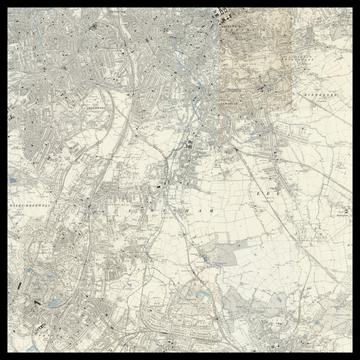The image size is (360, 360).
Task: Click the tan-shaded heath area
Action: [x=250, y=45]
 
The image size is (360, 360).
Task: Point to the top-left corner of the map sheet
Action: [x=8, y=8]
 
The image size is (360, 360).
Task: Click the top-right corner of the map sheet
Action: [x=352, y=8]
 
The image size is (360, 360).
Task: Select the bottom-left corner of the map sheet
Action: [x=8, y=352]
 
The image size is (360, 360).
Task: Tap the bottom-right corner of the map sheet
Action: [x=352, y=352]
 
